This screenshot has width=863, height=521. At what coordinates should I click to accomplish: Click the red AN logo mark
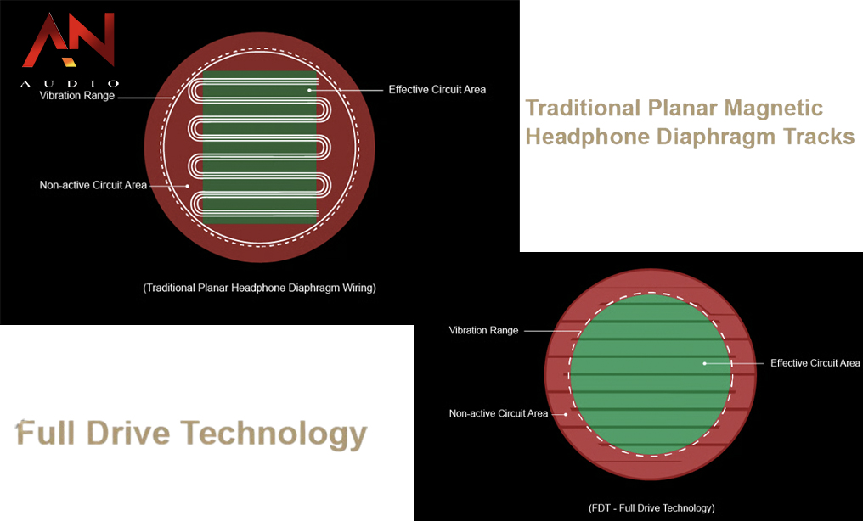68,40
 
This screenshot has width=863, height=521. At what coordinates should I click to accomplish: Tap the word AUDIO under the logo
70,83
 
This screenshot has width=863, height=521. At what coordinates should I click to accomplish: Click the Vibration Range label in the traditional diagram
77,96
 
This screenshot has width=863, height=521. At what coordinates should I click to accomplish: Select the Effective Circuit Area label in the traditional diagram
437,90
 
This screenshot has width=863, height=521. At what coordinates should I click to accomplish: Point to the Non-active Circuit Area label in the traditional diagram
93,185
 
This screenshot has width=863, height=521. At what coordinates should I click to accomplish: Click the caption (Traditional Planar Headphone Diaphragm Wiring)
259,288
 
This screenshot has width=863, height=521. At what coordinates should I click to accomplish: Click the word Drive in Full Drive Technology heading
128,433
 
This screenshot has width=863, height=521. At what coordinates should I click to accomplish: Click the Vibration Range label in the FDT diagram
484,330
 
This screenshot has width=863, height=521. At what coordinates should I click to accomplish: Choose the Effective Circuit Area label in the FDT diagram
815,363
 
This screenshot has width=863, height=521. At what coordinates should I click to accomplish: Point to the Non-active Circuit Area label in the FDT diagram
499,413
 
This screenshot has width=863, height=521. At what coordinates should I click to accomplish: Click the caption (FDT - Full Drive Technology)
651,507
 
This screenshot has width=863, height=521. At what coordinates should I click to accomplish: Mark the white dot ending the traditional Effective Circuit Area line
310,90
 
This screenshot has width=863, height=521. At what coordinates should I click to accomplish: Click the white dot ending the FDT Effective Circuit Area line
704,363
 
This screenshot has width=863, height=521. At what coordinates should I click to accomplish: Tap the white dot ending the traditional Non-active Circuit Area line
188,186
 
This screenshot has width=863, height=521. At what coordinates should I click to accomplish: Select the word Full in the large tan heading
46,433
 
